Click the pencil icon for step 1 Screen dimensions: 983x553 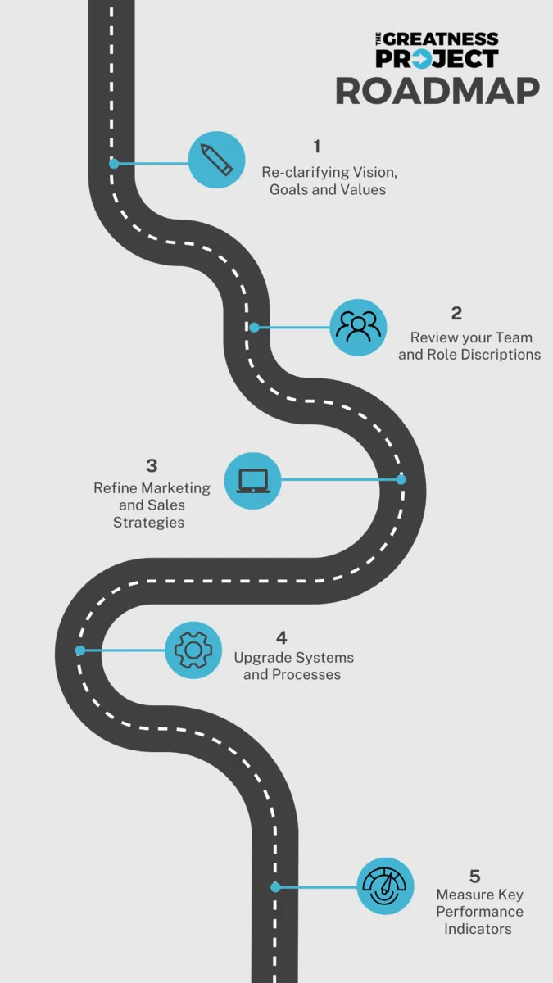[216, 159]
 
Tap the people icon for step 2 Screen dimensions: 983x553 [358, 327]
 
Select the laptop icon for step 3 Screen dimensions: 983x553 [252, 480]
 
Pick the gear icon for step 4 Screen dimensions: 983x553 [193, 650]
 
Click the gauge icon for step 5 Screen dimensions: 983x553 [385, 886]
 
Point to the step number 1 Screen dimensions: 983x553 [317, 147]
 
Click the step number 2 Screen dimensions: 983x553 [456, 313]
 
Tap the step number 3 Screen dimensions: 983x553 [152, 466]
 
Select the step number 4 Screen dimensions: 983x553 [282, 637]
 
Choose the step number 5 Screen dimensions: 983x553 [474, 877]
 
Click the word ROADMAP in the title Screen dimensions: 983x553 [437, 91]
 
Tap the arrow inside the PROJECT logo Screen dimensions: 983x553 [421, 59]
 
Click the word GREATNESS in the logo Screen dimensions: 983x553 [441, 39]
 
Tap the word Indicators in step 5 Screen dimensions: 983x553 [478, 929]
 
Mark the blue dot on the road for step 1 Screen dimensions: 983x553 [114, 163]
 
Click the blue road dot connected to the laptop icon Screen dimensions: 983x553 [401, 479]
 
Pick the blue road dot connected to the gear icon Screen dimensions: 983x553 [80, 650]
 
